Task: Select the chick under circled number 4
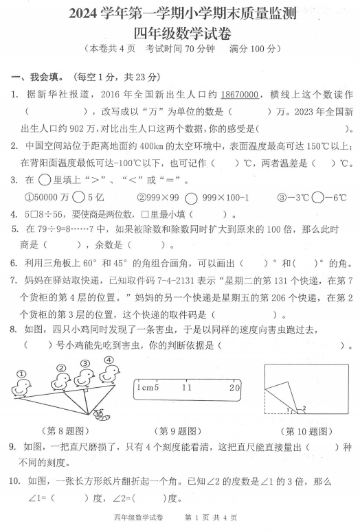point(108,373)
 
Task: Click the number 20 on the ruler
point(234,388)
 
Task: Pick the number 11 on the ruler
point(187,388)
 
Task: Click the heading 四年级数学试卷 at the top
point(180,34)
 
